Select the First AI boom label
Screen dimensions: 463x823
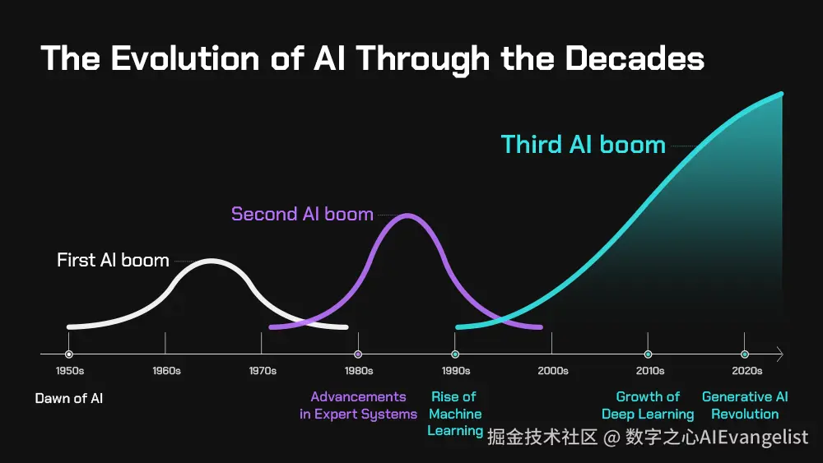click(x=113, y=261)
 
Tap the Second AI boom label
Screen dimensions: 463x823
click(x=302, y=215)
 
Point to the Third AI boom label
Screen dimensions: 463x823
click(x=583, y=145)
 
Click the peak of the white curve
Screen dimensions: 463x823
click(x=212, y=262)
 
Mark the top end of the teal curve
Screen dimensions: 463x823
click(x=780, y=95)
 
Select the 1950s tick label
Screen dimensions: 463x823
click(x=69, y=371)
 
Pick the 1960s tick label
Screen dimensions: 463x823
click(x=166, y=371)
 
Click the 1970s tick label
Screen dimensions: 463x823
click(x=263, y=371)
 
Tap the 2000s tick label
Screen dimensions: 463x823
click(x=552, y=371)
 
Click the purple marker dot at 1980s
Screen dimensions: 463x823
click(x=358, y=354)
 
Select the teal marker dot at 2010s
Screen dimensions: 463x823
click(x=649, y=354)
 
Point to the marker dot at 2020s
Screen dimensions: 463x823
click(x=745, y=354)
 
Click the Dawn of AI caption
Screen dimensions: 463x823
click(x=69, y=399)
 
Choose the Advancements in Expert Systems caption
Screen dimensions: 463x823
click(x=358, y=405)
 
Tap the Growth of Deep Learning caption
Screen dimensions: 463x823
click(x=648, y=405)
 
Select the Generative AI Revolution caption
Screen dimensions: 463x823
click(x=745, y=405)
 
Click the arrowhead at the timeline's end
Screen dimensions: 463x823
click(x=779, y=354)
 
